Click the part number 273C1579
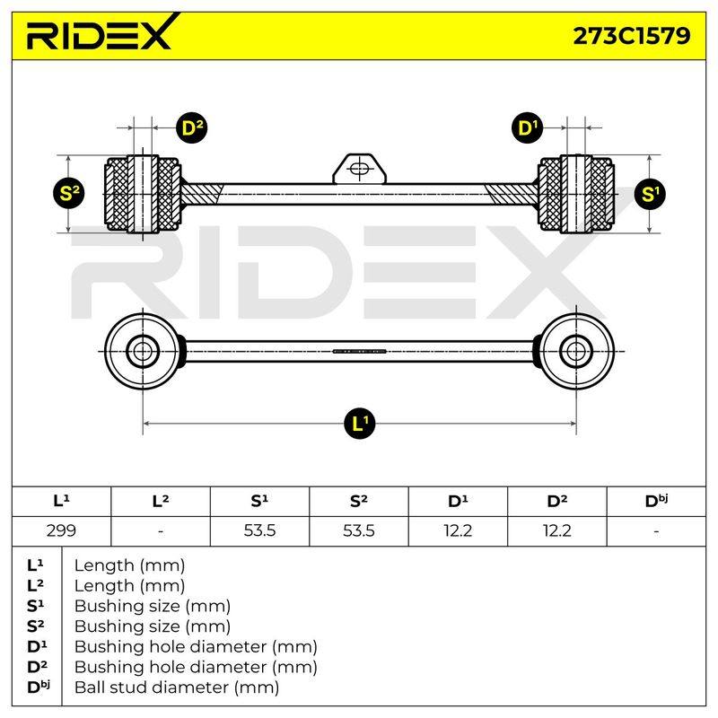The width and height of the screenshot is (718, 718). click(632, 35)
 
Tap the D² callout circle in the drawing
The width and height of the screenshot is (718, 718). click(192, 127)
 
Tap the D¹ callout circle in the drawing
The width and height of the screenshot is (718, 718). click(527, 127)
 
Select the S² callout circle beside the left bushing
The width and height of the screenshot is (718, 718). click(69, 193)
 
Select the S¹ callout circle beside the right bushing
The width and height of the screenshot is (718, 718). click(650, 194)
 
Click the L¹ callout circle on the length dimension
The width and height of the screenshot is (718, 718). click(360, 423)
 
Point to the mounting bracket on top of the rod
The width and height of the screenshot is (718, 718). click(360, 169)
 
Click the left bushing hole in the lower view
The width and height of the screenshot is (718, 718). click(143, 352)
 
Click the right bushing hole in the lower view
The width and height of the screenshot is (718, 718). click(575, 352)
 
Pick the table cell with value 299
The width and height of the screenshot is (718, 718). click(61, 531)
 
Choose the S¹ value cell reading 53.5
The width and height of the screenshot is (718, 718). click(259, 531)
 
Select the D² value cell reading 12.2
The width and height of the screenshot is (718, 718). click(557, 531)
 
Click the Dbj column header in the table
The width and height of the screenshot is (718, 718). click(656, 502)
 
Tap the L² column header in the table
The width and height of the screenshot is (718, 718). click(161, 502)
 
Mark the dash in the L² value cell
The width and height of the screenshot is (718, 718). click(161, 531)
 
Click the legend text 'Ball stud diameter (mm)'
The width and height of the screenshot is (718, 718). click(177, 687)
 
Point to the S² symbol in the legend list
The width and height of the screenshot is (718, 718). click(36, 626)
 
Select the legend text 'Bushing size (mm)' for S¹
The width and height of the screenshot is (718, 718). click(153, 607)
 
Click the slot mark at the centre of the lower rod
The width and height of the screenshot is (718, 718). click(360, 352)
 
